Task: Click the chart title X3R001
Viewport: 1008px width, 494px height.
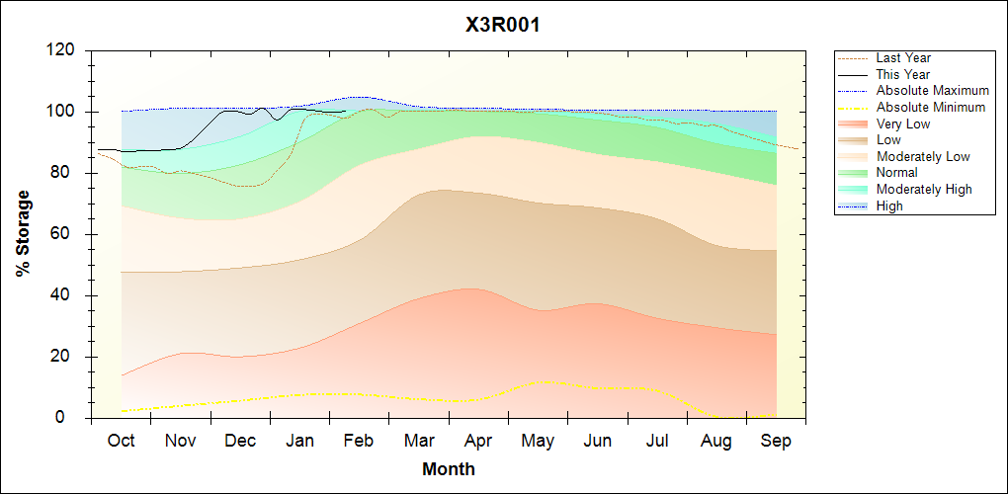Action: click(503, 26)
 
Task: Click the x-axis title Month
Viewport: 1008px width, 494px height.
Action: click(449, 469)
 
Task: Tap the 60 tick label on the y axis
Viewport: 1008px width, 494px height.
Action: click(66, 234)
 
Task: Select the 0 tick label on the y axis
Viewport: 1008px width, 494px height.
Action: click(71, 418)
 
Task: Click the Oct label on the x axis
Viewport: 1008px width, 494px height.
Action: click(121, 441)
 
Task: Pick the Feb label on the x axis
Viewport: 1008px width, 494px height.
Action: click(359, 441)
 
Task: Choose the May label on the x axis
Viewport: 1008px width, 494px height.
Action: click(539, 441)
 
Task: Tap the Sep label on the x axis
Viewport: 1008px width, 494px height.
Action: click(777, 441)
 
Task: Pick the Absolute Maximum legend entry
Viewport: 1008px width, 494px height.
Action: click(932, 91)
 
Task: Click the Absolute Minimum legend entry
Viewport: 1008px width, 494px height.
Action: click(930, 107)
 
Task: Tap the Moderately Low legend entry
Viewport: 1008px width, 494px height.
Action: click(923, 156)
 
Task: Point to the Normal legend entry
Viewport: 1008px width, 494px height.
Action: click(896, 173)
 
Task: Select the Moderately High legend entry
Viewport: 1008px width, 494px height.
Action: click(924, 189)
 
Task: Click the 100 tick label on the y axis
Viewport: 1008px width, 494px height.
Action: click(62, 112)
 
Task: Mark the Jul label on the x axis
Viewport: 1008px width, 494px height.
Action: click(658, 441)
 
